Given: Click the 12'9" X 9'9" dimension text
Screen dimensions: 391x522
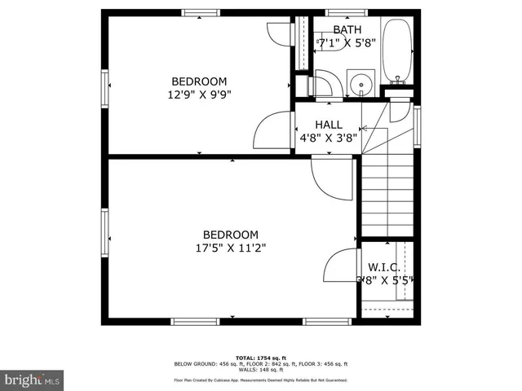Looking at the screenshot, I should [x=198, y=94].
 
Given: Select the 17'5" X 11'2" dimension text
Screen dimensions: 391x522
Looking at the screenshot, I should [x=231, y=248].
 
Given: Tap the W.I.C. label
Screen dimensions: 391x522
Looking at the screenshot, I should [x=383, y=267].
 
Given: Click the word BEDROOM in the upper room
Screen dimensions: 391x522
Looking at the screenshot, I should [x=198, y=81].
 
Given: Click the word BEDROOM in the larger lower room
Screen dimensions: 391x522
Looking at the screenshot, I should [x=231, y=234].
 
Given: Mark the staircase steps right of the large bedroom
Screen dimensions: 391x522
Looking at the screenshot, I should [x=390, y=195].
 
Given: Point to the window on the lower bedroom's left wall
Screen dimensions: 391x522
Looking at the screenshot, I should [x=105, y=231].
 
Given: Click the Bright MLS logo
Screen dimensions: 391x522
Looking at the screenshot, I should [x=33, y=380].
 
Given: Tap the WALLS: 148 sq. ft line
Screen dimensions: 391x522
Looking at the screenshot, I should [x=260, y=369].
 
